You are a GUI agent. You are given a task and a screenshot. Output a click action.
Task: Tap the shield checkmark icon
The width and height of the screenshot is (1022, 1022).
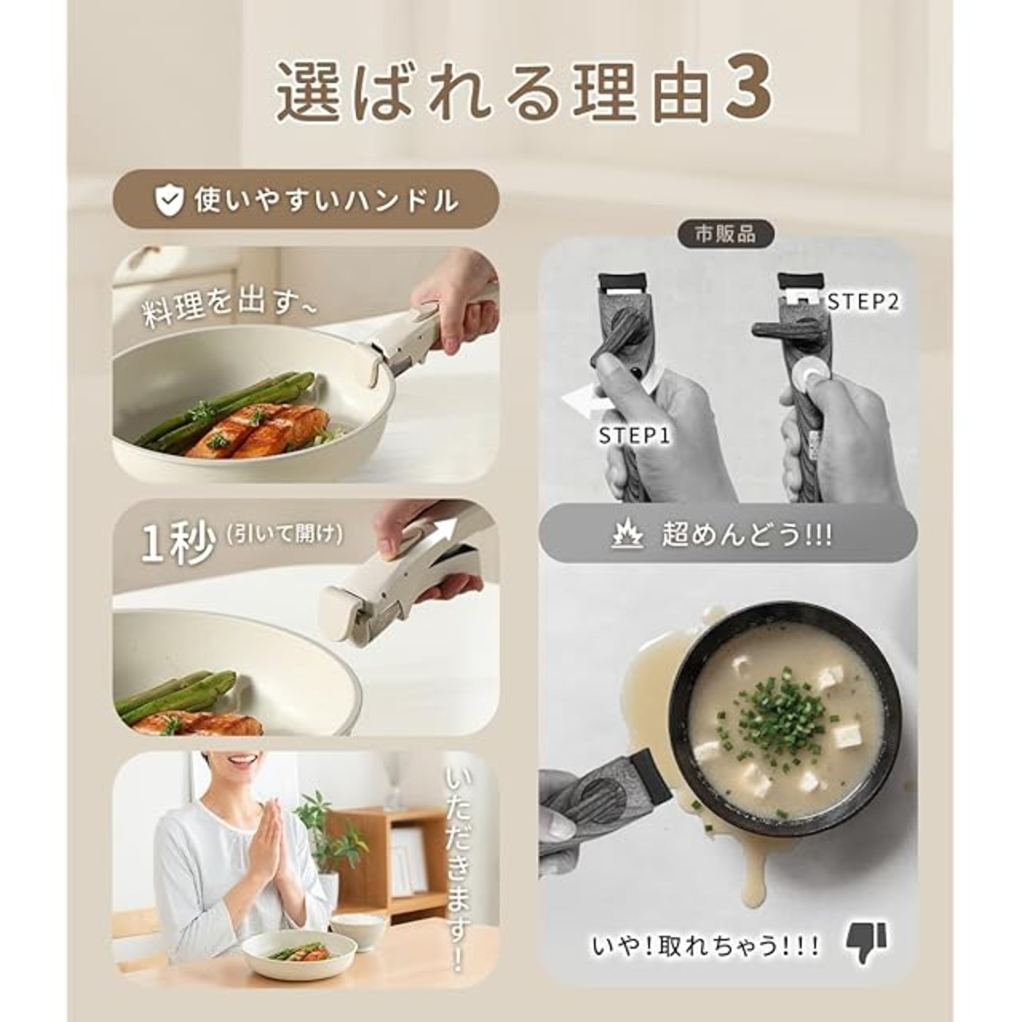[x=168, y=200]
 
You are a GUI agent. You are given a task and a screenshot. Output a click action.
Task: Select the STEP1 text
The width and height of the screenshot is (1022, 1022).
[x=634, y=435]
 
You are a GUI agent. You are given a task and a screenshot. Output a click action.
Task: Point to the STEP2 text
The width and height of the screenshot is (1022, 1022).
[x=864, y=303]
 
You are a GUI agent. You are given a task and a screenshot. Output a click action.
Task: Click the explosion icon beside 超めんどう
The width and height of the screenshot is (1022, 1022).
[x=628, y=536]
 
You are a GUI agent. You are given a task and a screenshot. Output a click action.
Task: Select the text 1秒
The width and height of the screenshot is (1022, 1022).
[x=178, y=544]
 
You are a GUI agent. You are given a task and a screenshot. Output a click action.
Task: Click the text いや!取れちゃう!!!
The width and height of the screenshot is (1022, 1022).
[x=705, y=945]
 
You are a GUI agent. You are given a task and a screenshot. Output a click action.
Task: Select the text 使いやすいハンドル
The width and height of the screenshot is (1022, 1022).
[x=326, y=200]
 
